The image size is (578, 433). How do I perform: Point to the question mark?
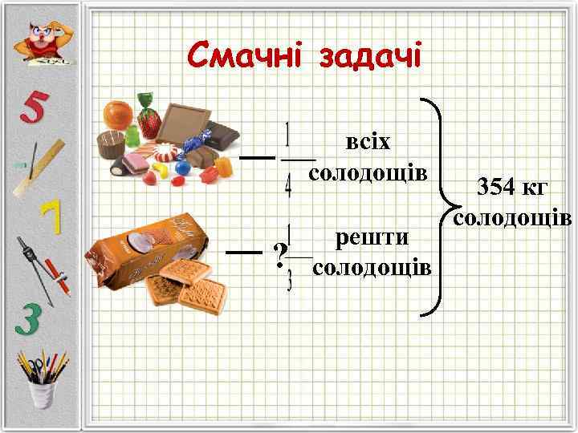[279, 255]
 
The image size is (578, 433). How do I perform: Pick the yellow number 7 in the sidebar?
[50, 217]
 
